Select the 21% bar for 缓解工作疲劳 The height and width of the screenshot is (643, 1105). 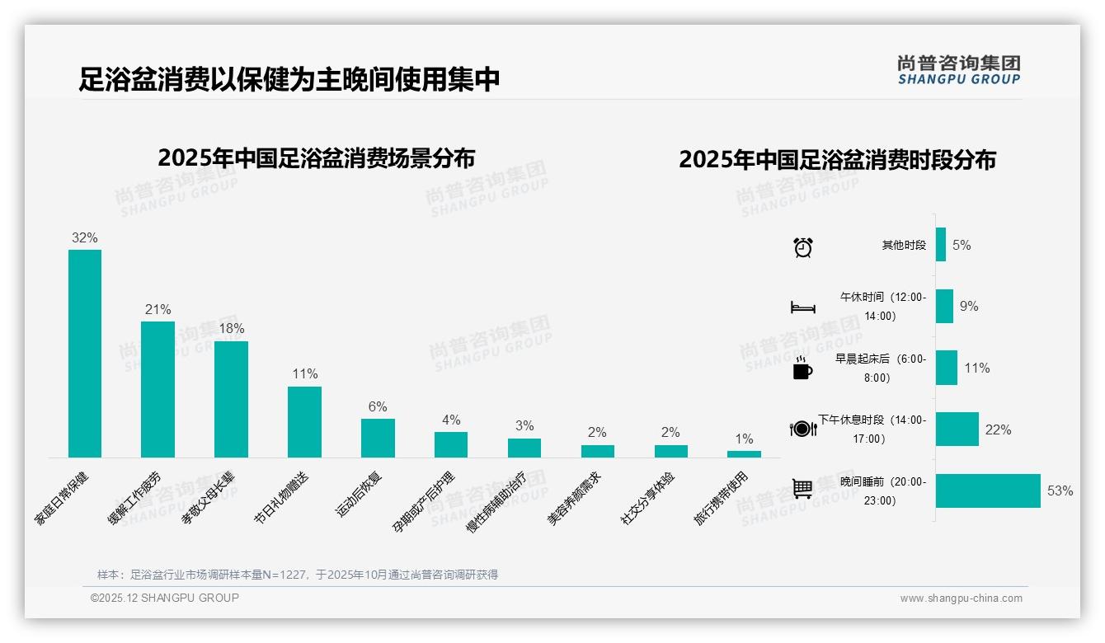point(158,389)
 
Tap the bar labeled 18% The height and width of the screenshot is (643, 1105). point(231,399)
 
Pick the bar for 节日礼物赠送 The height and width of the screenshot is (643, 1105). point(304,421)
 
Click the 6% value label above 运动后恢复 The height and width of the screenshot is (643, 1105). point(378,406)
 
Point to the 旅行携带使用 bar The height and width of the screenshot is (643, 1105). point(744,454)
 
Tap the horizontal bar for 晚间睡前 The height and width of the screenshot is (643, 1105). point(988,490)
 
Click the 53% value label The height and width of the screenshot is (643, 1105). point(1060,491)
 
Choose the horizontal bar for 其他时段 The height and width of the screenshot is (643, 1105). point(941,245)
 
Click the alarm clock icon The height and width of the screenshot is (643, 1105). point(803,246)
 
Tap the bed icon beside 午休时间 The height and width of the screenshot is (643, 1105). point(803,307)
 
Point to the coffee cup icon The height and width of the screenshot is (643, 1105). point(802,368)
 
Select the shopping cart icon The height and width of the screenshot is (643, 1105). point(802,488)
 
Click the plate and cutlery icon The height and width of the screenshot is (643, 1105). point(803,429)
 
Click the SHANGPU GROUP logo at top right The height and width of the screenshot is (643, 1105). point(959,70)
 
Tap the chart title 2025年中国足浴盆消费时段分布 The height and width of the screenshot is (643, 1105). point(837,159)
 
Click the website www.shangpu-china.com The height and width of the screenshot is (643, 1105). point(961,598)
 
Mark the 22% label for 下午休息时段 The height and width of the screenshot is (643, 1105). point(998,429)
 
